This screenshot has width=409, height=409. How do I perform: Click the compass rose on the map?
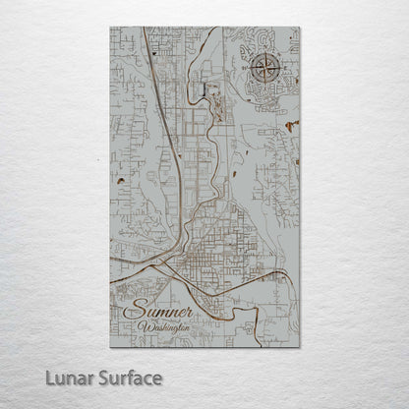click(x=263, y=69)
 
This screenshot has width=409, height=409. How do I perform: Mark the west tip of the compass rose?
click(x=250, y=69)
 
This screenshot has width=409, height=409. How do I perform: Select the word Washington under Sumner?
click(x=164, y=327)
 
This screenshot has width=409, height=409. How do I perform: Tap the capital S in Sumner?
click(x=133, y=311)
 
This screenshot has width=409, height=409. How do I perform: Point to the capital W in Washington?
click(x=144, y=327)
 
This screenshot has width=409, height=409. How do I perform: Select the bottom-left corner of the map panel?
click(x=110, y=347)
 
